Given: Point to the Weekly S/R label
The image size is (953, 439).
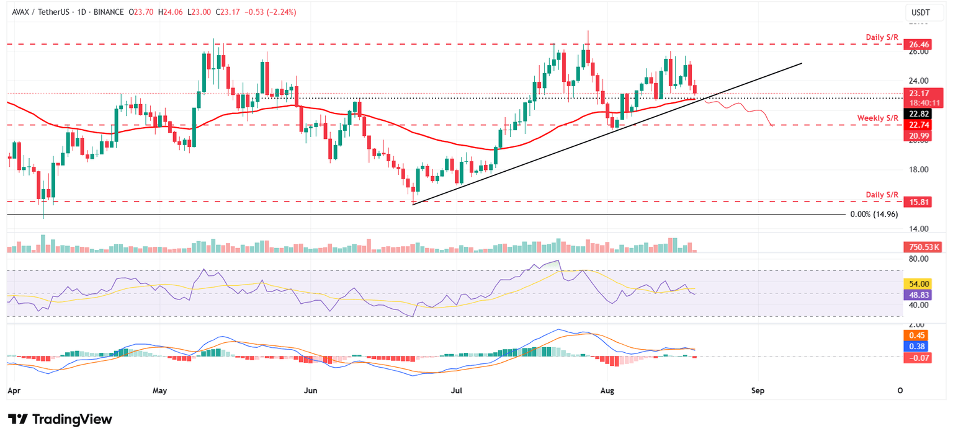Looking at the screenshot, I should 878,118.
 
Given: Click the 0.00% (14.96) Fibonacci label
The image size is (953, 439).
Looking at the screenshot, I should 875,215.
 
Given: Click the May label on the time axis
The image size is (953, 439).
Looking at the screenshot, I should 160,391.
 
